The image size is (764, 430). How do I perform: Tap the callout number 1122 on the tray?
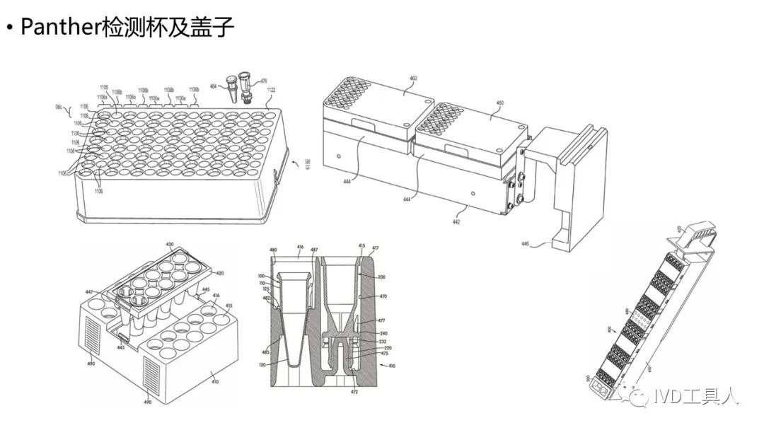(271, 90)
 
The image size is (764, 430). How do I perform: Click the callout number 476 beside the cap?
(264, 81)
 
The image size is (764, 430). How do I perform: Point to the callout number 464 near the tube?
(213, 86)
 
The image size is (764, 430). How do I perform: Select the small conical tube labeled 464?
(231, 91)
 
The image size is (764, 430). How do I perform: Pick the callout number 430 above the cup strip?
(170, 244)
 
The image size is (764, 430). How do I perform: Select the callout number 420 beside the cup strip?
(220, 272)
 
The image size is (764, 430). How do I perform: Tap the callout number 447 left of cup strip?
(89, 291)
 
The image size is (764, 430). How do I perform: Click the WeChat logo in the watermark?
(642, 396)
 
